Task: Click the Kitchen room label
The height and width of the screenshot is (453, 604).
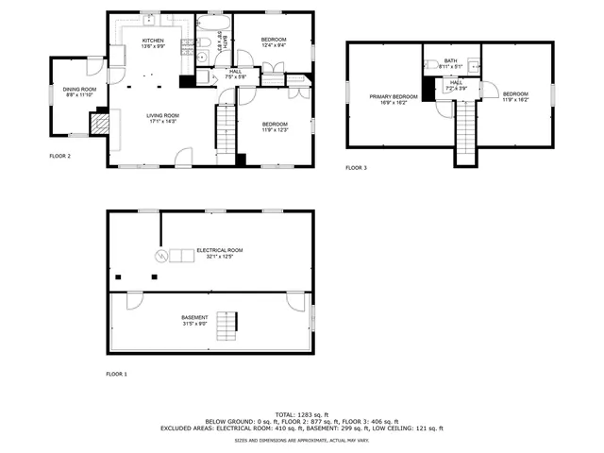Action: tap(153, 41)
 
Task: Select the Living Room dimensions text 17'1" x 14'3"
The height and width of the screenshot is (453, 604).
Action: tap(162, 121)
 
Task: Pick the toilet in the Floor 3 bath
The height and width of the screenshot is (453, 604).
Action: tap(429, 65)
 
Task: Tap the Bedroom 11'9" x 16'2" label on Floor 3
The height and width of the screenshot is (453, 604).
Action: tap(515, 93)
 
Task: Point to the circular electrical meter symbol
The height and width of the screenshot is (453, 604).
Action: tap(160, 255)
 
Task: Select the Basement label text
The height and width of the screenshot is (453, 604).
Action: tap(194, 318)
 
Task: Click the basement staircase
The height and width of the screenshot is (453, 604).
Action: tap(226, 327)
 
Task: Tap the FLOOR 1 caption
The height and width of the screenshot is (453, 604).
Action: tap(116, 375)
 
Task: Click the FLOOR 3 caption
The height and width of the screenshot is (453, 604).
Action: tap(355, 168)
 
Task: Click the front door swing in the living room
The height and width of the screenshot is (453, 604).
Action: tap(184, 156)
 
